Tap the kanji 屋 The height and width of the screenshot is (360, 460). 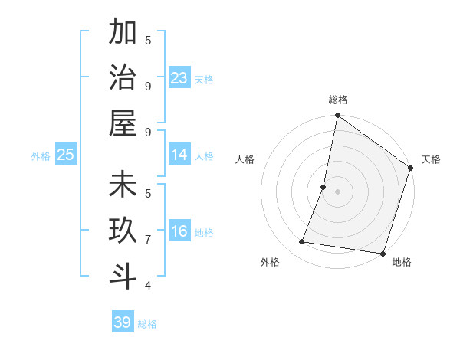[123, 123]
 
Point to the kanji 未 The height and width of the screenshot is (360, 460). [123, 186]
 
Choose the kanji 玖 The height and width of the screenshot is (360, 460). [123, 231]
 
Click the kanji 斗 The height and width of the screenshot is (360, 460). [123, 277]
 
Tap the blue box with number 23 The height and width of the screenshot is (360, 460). [179, 78]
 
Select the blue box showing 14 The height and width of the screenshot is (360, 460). [179, 155]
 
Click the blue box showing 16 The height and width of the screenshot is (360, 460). [179, 231]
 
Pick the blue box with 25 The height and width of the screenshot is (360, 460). [66, 155]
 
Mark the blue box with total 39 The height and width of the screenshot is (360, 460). [122, 322]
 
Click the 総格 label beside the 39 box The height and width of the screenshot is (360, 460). [147, 324]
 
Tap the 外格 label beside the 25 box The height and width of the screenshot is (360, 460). [41, 156]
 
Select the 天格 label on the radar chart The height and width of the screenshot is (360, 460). [431, 159]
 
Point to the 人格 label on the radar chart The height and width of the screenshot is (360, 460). [245, 159]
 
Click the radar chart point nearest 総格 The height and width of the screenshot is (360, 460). [337, 116]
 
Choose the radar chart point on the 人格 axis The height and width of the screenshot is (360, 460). [324, 187]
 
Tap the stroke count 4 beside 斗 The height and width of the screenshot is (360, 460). [147, 286]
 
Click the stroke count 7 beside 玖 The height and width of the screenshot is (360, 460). [147, 240]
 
